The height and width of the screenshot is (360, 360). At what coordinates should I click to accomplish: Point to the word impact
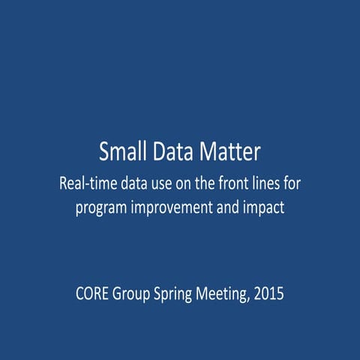pos(267,208)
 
